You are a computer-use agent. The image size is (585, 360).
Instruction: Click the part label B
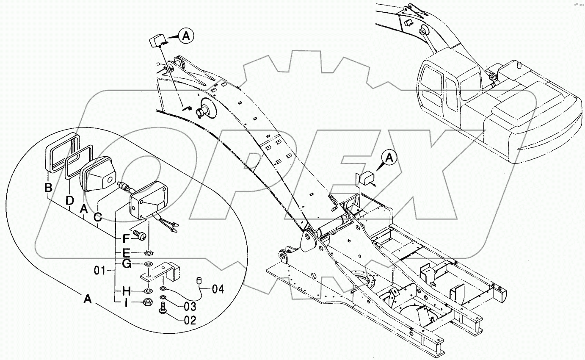pos(49,187)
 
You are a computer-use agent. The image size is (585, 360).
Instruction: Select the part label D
pos(70,199)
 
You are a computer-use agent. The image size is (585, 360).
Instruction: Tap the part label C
pos(98,217)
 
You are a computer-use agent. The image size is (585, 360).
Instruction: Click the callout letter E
pos(126,253)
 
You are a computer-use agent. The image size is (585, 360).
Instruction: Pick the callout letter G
pos(126,265)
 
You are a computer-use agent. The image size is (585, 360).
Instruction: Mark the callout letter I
pos(126,302)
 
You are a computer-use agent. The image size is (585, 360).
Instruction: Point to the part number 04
pos(217,289)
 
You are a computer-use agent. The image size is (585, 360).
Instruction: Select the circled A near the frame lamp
pos(389,158)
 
